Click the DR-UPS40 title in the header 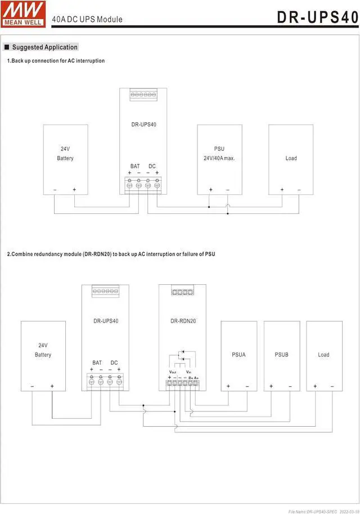pyautogui.click(x=317, y=17)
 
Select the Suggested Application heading pyautogui.click(x=44, y=47)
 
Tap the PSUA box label pyautogui.click(x=238, y=355)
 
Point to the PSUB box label pyautogui.click(x=281, y=355)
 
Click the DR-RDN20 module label pyautogui.click(x=183, y=321)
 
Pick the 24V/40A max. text pyautogui.click(x=219, y=158)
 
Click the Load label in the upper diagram pyautogui.click(x=291, y=158)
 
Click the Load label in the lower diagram pyautogui.click(x=323, y=355)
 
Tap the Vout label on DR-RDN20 pyautogui.click(x=173, y=372)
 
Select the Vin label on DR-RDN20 pyautogui.click(x=189, y=372)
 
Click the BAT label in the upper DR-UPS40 pyautogui.click(x=135, y=166)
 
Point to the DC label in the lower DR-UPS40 pyautogui.click(x=114, y=363)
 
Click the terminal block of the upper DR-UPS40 pyautogui.click(x=143, y=184)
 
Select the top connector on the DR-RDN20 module pyautogui.click(x=183, y=292)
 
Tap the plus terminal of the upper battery pyautogui.click(x=74, y=190)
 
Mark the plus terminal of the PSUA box pyautogui.click(x=228, y=386)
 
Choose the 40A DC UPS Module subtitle pyautogui.click(x=87, y=19)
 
